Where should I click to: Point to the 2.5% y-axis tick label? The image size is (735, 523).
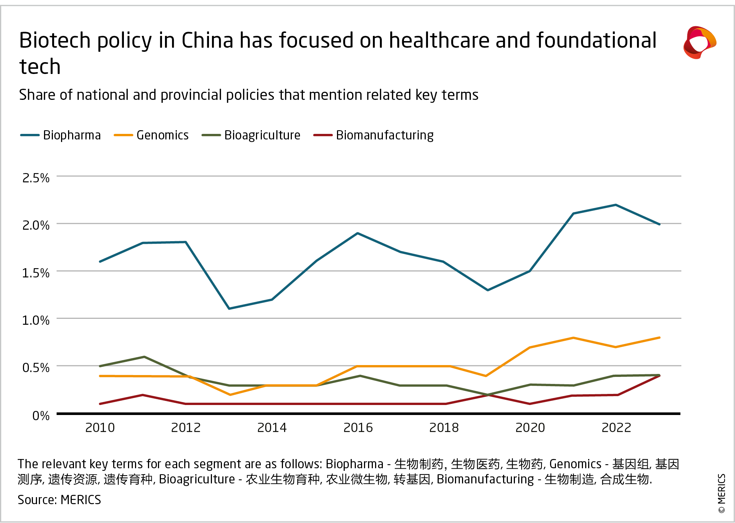coord(36,178)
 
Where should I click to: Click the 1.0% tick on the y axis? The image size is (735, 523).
coord(36,320)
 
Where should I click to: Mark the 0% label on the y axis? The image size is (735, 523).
coord(41,416)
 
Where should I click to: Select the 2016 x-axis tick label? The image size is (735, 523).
coord(358,428)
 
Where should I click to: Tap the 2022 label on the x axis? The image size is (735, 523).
coord(616,428)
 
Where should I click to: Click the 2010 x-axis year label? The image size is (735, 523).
coord(100,428)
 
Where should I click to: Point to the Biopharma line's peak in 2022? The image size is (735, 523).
coord(616,205)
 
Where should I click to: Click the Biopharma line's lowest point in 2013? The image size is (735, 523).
coord(229,308)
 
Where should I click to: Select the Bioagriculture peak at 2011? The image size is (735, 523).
coord(144,357)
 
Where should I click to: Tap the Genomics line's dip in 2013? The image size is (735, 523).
coord(230,395)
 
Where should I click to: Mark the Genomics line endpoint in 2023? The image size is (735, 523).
coord(659,338)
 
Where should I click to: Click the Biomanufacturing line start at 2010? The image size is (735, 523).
coord(100,404)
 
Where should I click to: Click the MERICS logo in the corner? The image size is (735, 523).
coord(699,43)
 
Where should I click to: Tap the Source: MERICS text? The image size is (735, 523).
coord(59,500)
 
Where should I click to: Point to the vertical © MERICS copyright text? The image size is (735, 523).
coord(721,493)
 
